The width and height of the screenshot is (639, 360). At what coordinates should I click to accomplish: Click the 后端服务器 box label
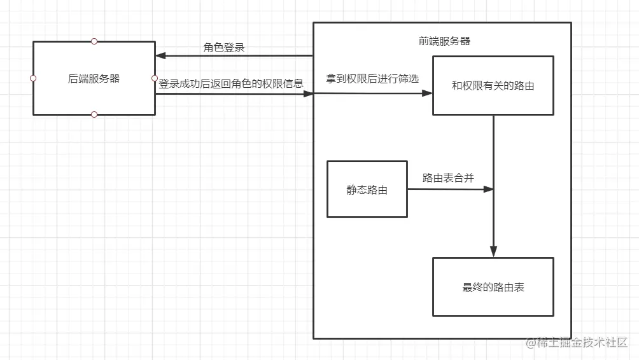pyautogui.click(x=94, y=79)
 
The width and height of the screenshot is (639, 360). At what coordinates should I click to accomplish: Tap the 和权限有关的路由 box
pyautogui.click(x=493, y=85)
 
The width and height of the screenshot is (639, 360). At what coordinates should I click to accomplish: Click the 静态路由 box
pyautogui.click(x=367, y=190)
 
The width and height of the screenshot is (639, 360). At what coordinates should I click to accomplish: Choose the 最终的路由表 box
pyautogui.click(x=493, y=287)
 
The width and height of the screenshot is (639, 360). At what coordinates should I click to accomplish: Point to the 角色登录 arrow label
pyautogui.click(x=224, y=48)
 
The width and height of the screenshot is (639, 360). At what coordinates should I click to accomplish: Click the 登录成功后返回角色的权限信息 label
pyautogui.click(x=231, y=83)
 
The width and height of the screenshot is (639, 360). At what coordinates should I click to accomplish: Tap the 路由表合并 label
pyautogui.click(x=448, y=178)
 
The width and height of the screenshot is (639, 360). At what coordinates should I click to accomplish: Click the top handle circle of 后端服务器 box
pyautogui.click(x=94, y=41)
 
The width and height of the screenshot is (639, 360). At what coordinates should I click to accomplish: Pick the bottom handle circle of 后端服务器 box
pyautogui.click(x=94, y=114)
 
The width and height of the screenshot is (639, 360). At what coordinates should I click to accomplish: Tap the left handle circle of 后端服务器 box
pyautogui.click(x=33, y=78)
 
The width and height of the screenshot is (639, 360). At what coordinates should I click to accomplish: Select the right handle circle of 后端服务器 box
pyautogui.click(x=155, y=78)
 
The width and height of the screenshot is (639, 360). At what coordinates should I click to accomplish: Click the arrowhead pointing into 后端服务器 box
pyautogui.click(x=160, y=56)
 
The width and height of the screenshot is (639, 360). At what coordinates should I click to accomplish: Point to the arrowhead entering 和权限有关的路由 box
pyautogui.click(x=427, y=93)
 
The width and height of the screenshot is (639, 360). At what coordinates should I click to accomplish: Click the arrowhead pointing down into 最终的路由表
pyautogui.click(x=493, y=252)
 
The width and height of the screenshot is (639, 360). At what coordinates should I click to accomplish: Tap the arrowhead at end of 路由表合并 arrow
pyautogui.click(x=488, y=189)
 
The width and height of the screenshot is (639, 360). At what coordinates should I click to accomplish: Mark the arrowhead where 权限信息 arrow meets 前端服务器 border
pyautogui.click(x=309, y=94)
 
